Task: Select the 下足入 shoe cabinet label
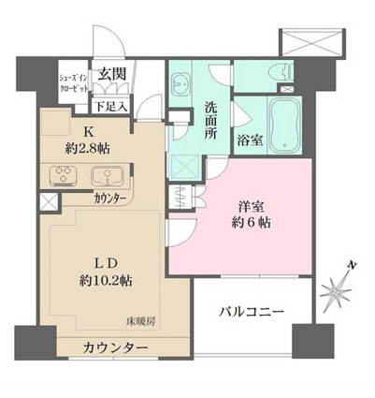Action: point(118,96)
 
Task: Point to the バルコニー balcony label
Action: point(252,310)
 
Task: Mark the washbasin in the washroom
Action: point(181,83)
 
